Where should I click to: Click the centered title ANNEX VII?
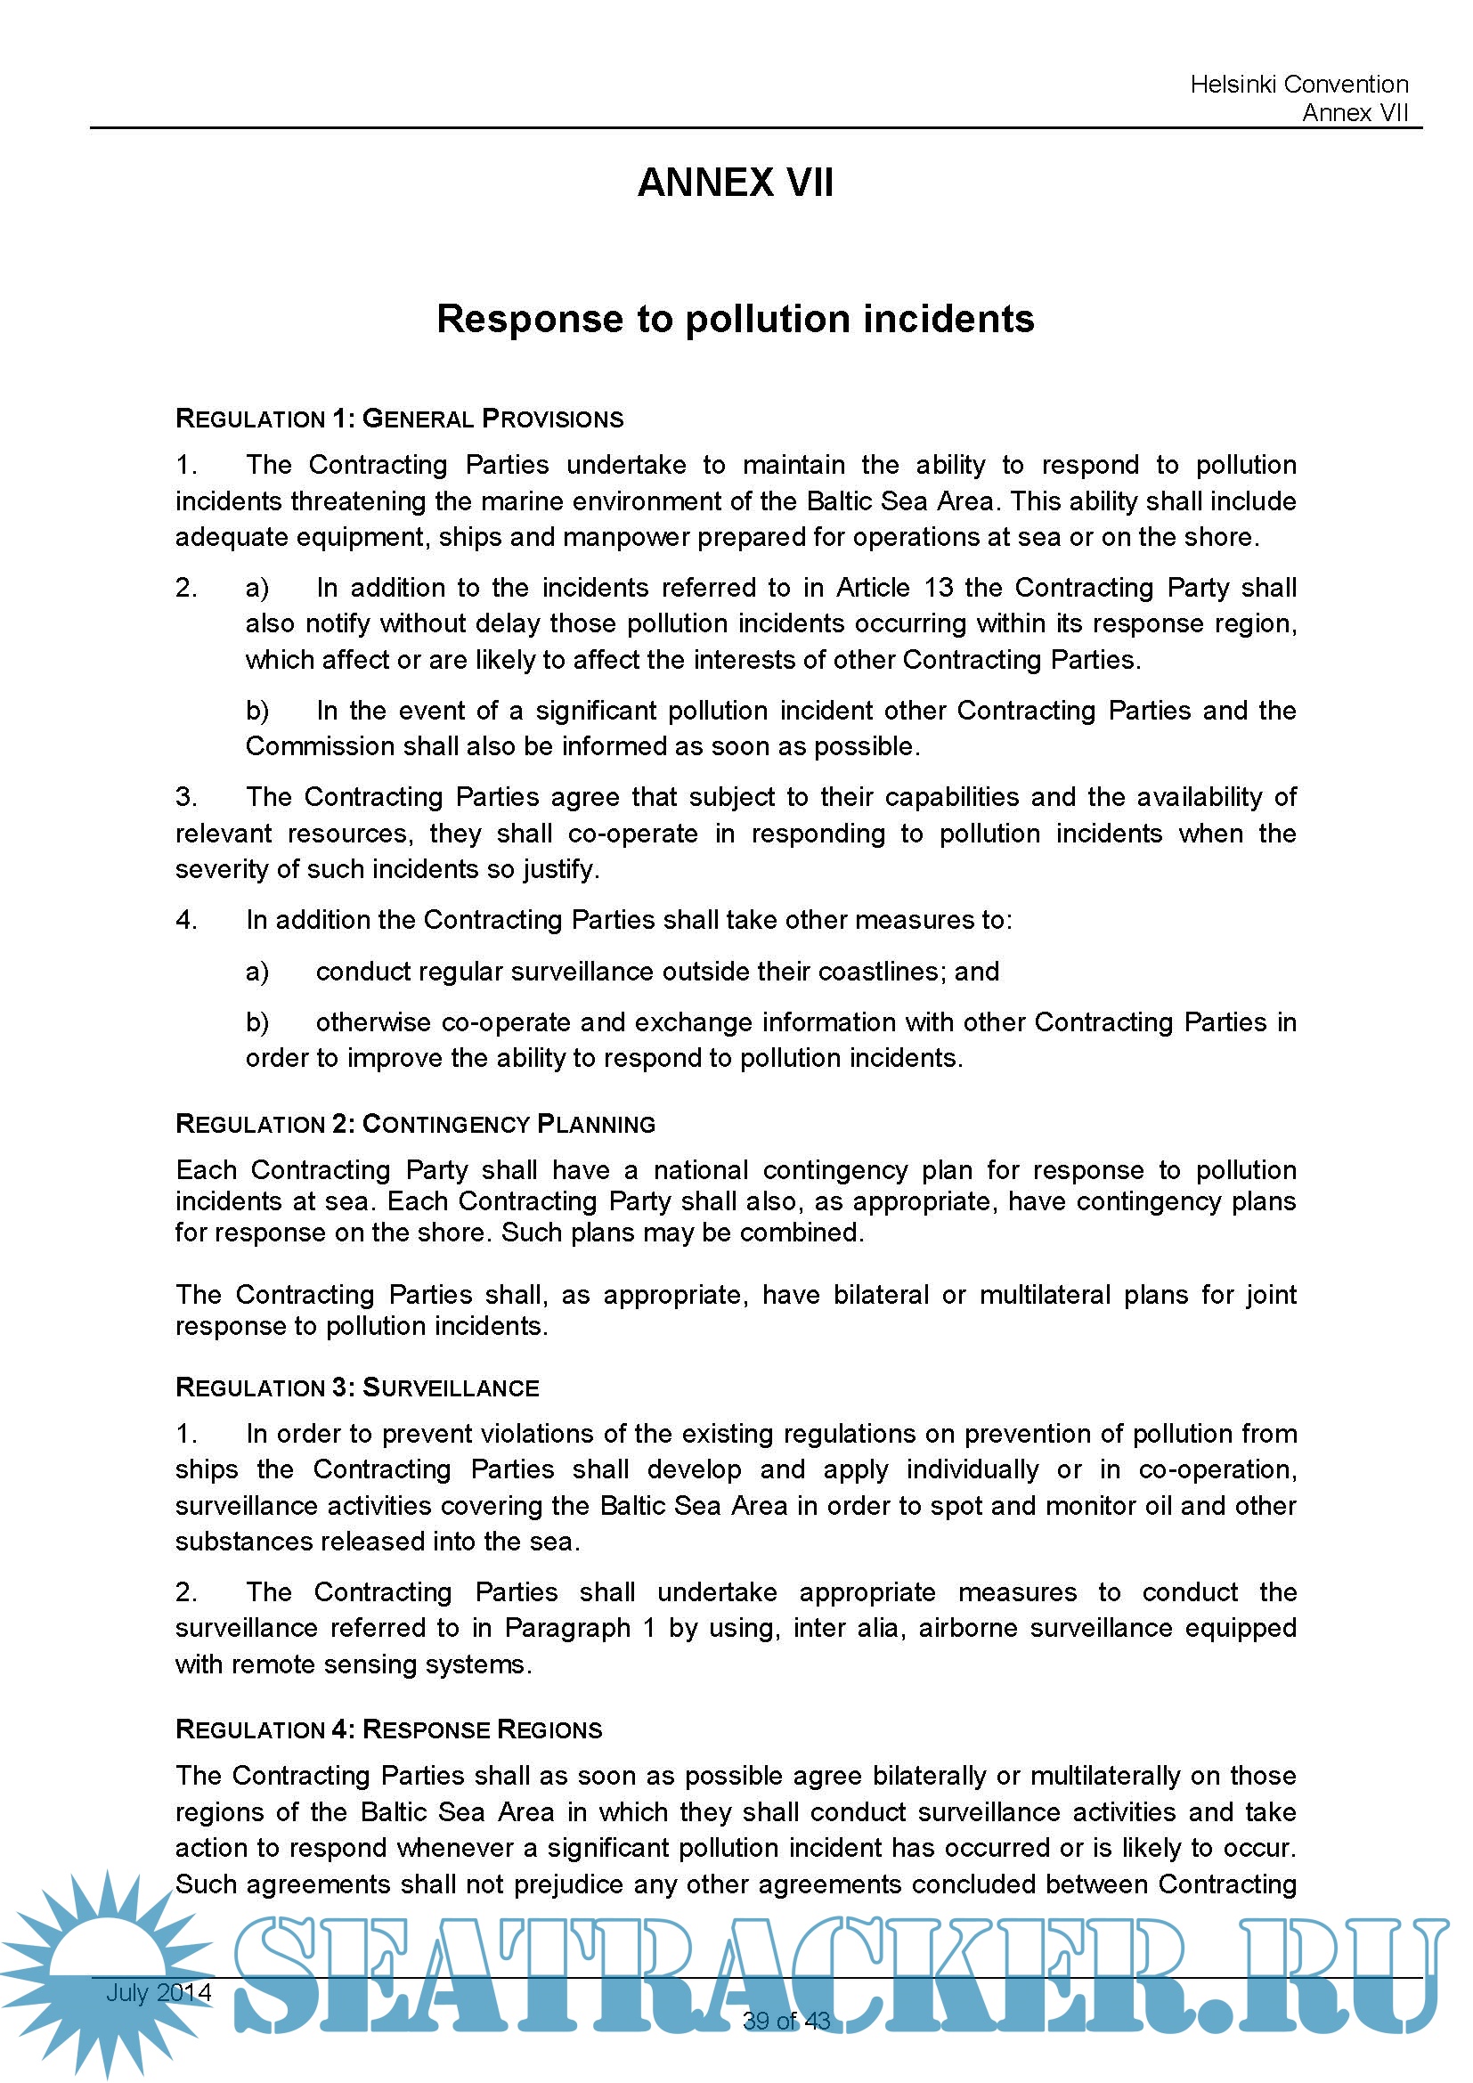coord(735,183)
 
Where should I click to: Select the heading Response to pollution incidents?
coord(735,320)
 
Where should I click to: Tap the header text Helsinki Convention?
coord(1298,85)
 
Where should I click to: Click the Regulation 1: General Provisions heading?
coord(399,419)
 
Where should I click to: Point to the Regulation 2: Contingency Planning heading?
coord(414,1124)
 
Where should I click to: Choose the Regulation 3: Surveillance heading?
coord(356,1387)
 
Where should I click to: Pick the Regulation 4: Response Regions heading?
coord(388,1729)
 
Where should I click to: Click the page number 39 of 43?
coord(785,2021)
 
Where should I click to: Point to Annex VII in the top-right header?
coord(1355,112)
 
